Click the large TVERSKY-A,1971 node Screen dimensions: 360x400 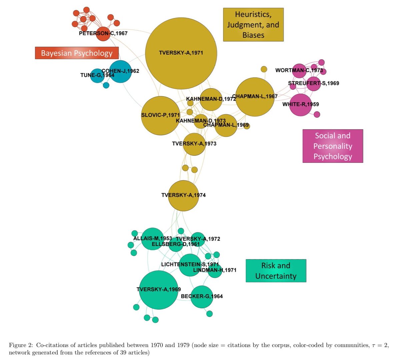tap(181, 53)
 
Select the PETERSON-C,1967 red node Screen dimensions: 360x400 tap(103, 34)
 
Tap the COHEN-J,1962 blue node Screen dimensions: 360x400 tap(120, 71)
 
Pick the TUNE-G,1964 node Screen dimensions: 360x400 tap(97, 76)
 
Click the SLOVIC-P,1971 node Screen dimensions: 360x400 tap(161, 116)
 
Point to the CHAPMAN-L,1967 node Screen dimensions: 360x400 tap(255, 97)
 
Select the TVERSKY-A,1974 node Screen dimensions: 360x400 tap(183, 195)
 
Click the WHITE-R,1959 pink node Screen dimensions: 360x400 tap(301, 105)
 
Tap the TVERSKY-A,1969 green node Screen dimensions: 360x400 tap(158, 290)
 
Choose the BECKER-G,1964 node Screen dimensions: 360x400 tap(202, 297)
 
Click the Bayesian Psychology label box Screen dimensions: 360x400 tap(77, 53)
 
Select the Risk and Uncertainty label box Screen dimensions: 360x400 tap(276, 271)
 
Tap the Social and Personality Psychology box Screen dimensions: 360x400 tap(332, 146)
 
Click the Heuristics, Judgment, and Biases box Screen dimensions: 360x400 tap(253, 25)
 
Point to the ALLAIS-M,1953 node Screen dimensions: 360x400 tap(153, 239)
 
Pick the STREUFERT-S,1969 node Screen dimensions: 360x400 tap(313, 83)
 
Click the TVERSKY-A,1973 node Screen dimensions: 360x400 tap(194, 144)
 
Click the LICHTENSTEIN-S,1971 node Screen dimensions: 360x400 tap(190, 265)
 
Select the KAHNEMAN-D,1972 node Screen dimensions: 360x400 tap(211, 99)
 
